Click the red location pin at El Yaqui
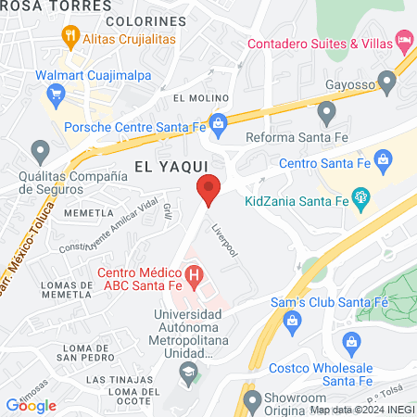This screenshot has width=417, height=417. coord(208,190)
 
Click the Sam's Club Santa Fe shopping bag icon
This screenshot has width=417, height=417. coord(293,321)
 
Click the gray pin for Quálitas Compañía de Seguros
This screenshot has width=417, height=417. coord(39,149)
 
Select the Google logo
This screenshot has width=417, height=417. coord(31,405)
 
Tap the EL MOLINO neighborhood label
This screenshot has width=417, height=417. coord(193,97)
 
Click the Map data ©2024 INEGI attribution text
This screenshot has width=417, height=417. coord(361,410)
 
